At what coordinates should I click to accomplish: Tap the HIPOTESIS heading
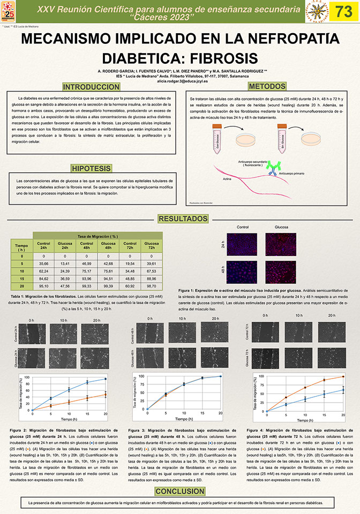(91, 155)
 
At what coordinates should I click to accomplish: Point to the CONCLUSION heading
(180, 492)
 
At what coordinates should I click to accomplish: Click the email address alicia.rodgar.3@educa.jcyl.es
(179, 80)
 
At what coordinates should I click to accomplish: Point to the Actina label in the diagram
(227, 179)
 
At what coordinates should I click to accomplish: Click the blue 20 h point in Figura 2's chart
(106, 379)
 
